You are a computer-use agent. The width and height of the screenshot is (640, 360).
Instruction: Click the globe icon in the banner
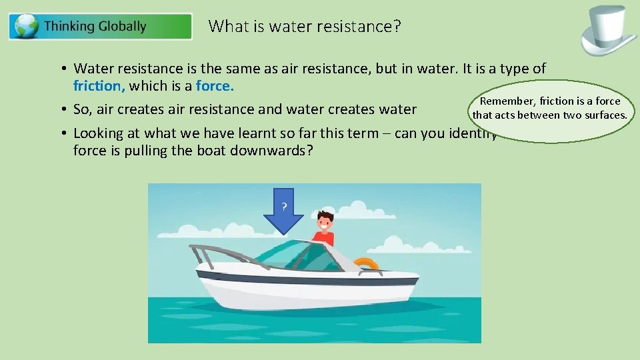coord(26,27)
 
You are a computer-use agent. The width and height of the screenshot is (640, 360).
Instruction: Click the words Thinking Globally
coord(95,27)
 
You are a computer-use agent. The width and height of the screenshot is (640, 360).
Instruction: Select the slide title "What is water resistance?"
coord(305,26)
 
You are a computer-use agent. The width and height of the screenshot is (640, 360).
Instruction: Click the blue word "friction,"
coord(99,85)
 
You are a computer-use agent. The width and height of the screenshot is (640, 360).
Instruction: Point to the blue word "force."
coord(215,85)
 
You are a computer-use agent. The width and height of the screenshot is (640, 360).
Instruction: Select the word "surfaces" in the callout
coord(604,115)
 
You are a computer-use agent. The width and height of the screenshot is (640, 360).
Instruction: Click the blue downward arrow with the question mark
coord(284,210)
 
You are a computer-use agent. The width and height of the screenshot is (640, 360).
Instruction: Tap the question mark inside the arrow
coord(284,207)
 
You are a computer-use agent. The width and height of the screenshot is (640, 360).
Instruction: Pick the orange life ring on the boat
coord(365,264)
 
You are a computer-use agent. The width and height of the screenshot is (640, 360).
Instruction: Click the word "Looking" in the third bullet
coord(99,133)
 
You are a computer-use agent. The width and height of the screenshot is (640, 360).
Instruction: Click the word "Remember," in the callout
coord(508,101)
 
